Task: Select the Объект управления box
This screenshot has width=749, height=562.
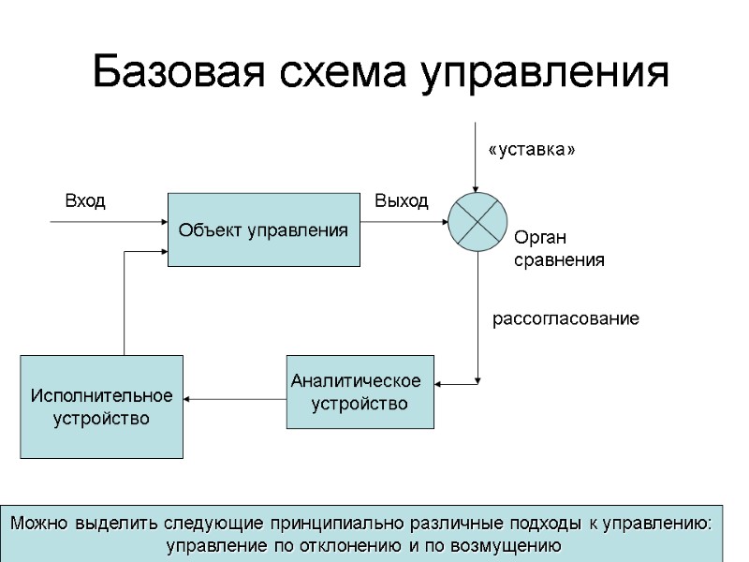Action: (x=263, y=229)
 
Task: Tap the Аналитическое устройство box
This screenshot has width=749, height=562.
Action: (x=360, y=392)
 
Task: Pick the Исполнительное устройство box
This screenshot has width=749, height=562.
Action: (x=101, y=406)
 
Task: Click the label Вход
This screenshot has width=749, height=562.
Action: (x=84, y=200)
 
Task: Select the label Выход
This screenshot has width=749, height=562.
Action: (x=401, y=200)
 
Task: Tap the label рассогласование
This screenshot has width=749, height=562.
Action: (x=565, y=319)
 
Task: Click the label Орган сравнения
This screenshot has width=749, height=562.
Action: (x=559, y=249)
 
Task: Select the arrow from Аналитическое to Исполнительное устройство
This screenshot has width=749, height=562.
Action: (x=234, y=399)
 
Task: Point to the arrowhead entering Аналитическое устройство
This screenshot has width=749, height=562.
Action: (x=441, y=382)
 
